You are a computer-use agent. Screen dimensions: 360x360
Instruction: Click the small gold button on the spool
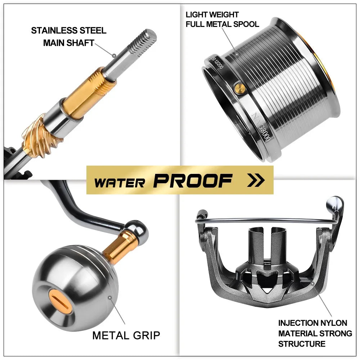[x=238, y=87]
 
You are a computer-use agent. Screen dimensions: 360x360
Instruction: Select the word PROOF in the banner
[x=193, y=181]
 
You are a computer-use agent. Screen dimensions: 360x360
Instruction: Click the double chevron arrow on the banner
[x=256, y=180]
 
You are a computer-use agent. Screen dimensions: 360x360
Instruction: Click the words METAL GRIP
[x=126, y=336]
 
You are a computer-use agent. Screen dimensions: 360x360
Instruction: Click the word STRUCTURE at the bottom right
[x=302, y=343]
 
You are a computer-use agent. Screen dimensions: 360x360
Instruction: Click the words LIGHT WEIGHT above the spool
[x=212, y=15]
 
